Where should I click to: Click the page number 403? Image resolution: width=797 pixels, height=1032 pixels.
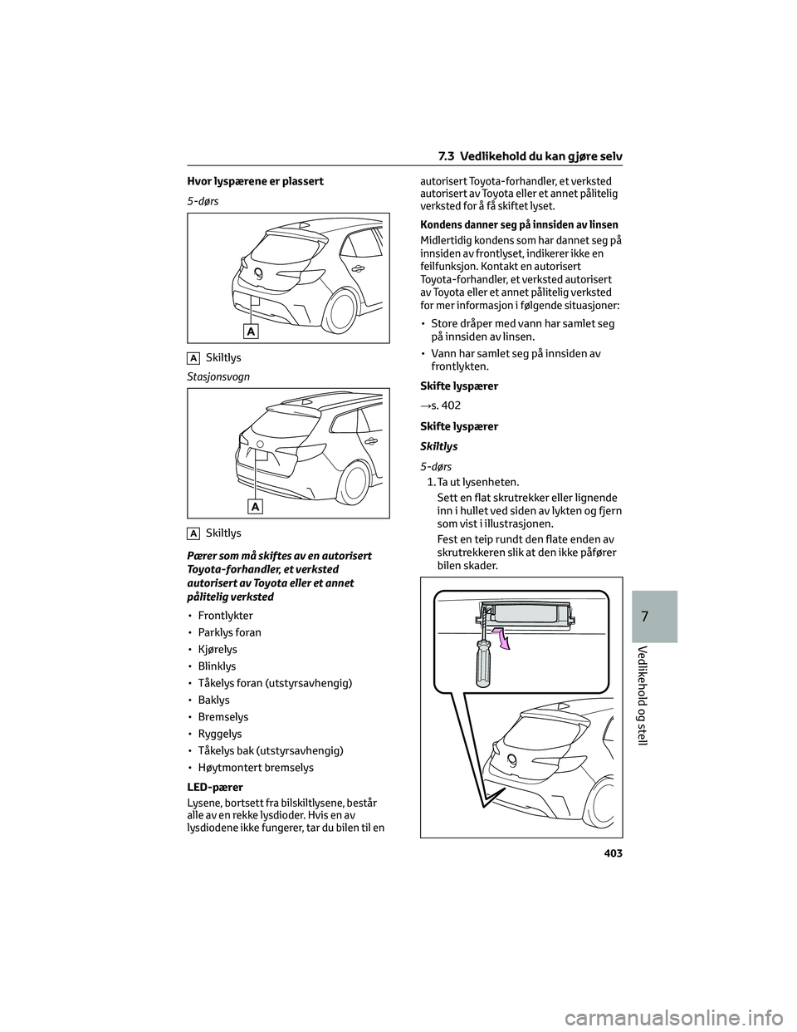tap(610, 853)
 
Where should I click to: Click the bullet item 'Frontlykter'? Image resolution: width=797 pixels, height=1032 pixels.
tap(225, 616)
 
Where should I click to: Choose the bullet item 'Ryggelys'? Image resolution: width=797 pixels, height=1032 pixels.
tap(220, 734)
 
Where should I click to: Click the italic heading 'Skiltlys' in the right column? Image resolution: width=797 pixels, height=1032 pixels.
tap(439, 446)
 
